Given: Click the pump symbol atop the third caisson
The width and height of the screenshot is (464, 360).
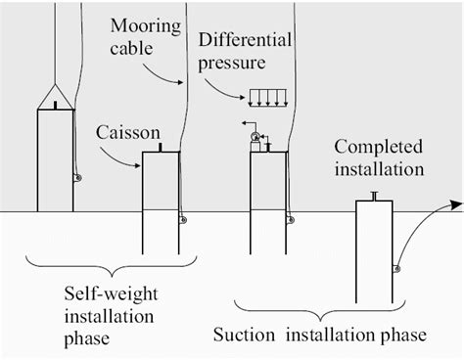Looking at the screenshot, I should [x=255, y=137].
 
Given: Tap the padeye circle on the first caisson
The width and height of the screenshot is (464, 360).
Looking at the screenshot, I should [x=77, y=178].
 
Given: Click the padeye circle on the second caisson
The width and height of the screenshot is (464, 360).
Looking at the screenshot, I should [x=182, y=220].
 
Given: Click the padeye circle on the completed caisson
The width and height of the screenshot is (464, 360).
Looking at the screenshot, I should [x=394, y=268].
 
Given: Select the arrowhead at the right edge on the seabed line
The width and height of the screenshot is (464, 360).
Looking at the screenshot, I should [x=455, y=203].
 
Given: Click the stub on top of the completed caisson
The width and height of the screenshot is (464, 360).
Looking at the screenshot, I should [x=373, y=198].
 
